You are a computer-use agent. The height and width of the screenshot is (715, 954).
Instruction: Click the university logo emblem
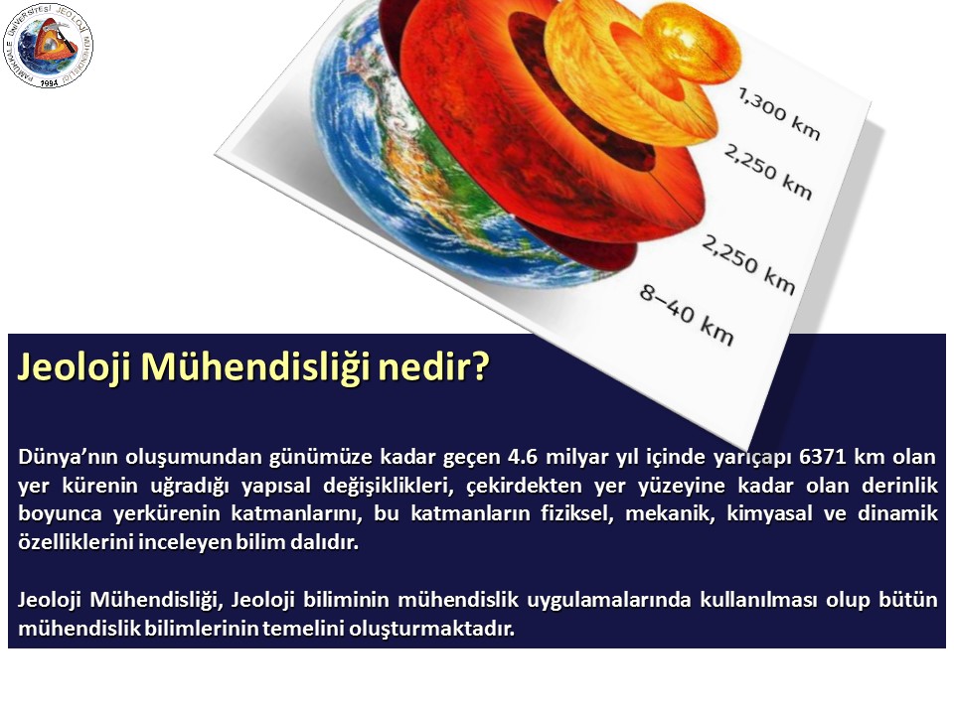click(x=48, y=47)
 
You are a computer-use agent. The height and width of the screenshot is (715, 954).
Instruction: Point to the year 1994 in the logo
click(x=49, y=82)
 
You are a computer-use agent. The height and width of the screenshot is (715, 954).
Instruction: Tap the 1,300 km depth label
click(x=779, y=113)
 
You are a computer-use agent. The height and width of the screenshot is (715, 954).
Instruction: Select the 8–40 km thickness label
click(x=687, y=315)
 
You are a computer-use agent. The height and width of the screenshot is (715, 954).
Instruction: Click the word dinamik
click(x=897, y=513)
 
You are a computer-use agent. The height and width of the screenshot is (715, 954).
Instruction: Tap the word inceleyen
click(x=183, y=542)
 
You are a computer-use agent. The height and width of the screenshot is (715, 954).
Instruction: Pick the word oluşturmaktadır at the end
click(x=431, y=628)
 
